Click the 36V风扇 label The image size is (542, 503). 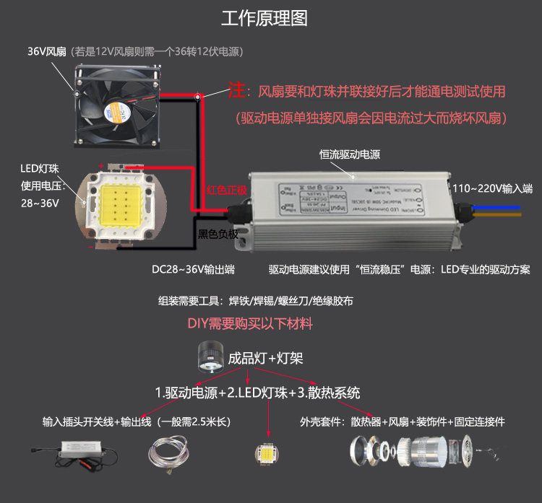(47, 52)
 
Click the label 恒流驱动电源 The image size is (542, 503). (350, 154)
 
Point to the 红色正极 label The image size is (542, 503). (227, 190)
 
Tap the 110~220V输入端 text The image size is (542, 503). (493, 188)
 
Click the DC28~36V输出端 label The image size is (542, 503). (193, 269)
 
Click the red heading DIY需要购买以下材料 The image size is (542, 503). (250, 324)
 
